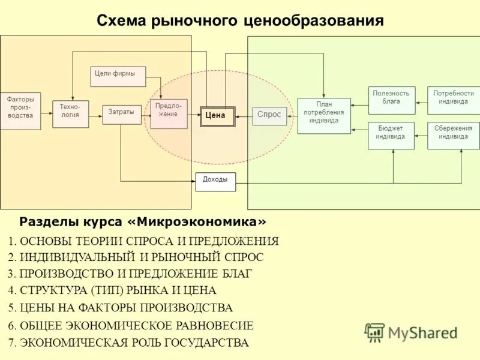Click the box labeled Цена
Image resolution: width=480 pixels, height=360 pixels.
click(217, 116)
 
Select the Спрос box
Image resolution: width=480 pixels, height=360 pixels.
click(269, 115)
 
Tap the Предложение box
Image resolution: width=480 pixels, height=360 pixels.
click(169, 113)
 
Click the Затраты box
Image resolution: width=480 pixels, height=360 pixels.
click(122, 114)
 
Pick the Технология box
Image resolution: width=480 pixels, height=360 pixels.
click(70, 114)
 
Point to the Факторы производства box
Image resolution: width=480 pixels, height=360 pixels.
click(20, 111)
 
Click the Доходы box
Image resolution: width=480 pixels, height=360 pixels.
click(215, 181)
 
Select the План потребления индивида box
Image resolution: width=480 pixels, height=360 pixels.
click(324, 115)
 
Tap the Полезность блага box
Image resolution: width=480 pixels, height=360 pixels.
click(391, 100)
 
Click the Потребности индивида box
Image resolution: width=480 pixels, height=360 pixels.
click(453, 100)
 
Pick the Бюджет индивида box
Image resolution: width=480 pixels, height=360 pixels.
click(391, 135)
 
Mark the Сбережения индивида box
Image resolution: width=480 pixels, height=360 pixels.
click(453, 135)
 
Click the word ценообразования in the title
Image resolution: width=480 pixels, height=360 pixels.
click(313, 21)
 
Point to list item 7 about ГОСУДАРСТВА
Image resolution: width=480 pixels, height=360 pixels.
click(128, 343)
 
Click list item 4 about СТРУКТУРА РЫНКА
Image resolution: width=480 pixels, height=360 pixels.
click(112, 290)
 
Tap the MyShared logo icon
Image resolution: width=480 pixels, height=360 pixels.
click(374, 332)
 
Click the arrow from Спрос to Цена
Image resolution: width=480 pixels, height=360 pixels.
click(244, 116)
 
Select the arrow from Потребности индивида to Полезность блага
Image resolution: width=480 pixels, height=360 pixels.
click(421, 100)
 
